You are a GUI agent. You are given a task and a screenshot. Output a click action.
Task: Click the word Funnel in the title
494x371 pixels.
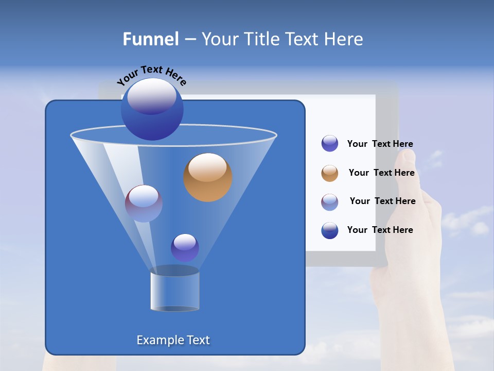click(150, 39)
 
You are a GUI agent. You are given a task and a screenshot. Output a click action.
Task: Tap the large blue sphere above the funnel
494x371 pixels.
click(152, 109)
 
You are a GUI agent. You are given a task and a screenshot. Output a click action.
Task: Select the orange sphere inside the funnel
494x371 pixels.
click(207, 177)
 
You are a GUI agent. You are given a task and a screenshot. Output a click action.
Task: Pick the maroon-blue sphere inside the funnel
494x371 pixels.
click(144, 204)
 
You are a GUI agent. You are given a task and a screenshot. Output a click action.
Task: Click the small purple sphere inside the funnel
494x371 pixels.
click(185, 248)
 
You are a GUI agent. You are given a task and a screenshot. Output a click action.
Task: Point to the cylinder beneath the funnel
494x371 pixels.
click(174, 291)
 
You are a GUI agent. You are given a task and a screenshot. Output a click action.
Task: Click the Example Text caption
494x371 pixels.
click(173, 340)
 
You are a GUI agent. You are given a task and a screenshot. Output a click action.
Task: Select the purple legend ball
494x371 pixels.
click(330, 144)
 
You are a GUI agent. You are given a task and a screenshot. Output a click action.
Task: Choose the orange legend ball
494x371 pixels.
click(330, 173)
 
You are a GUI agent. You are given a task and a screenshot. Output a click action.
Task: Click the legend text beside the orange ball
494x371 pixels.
click(381, 173)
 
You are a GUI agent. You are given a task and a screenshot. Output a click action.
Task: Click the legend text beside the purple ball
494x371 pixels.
click(380, 144)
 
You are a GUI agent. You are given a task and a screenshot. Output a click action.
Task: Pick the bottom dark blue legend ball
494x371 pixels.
click(330, 230)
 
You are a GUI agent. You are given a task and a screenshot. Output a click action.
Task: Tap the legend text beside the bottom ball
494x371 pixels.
click(380, 230)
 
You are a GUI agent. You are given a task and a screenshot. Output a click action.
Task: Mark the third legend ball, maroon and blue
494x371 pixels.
click(330, 202)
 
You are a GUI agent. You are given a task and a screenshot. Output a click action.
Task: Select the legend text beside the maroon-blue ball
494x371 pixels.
click(382, 201)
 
